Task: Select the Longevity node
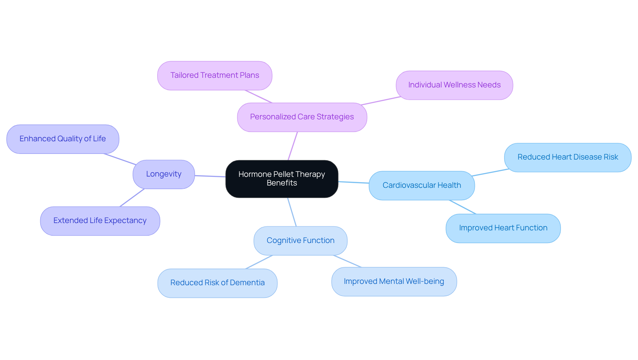click(x=163, y=174)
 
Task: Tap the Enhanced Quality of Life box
click(x=62, y=139)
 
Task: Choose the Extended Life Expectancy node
click(x=100, y=221)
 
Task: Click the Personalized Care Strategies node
click(x=302, y=117)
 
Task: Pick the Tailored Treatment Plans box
click(x=215, y=75)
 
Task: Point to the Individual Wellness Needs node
click(x=454, y=85)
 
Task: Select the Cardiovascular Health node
click(x=421, y=185)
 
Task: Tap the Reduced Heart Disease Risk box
click(x=567, y=157)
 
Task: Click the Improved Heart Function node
click(x=503, y=228)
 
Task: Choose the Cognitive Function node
click(x=300, y=241)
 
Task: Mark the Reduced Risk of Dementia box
click(x=217, y=283)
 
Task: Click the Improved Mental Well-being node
click(x=394, y=282)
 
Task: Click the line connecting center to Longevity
click(x=210, y=176)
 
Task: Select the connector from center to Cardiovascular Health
click(x=354, y=182)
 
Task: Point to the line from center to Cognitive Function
click(x=292, y=212)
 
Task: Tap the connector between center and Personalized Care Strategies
click(x=293, y=146)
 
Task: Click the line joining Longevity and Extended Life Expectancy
click(x=132, y=198)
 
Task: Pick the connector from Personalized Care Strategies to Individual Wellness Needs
click(x=381, y=101)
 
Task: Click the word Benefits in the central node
click(x=282, y=183)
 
